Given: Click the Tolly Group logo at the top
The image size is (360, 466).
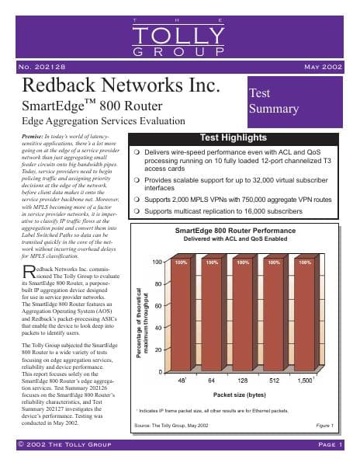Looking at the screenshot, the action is coord(179,37).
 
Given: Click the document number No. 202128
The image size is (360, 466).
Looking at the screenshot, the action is coord(45,68).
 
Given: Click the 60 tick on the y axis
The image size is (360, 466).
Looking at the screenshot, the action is coord(157,328).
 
